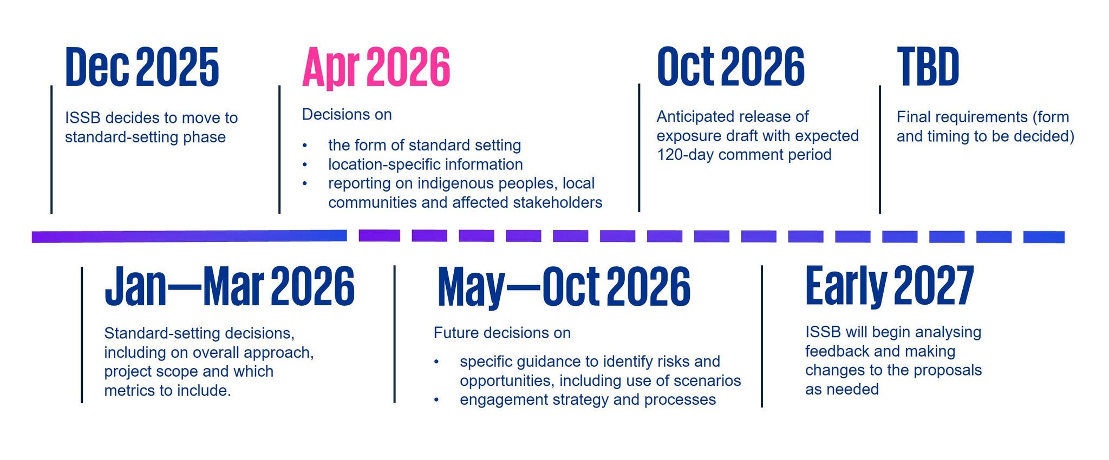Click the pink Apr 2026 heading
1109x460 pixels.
click(x=376, y=68)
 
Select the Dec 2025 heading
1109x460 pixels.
click(x=142, y=67)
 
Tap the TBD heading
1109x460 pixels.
click(x=928, y=67)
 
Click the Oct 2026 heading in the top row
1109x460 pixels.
click(x=730, y=67)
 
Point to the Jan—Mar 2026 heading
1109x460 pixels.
click(x=230, y=286)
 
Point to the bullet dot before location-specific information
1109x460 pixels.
click(x=305, y=165)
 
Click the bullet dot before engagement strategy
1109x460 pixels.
click(x=436, y=400)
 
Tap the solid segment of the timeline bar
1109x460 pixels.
click(x=190, y=236)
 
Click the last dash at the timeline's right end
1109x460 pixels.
click(x=1044, y=237)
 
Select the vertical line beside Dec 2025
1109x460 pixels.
click(x=51, y=149)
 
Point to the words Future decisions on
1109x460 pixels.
click(x=502, y=333)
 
